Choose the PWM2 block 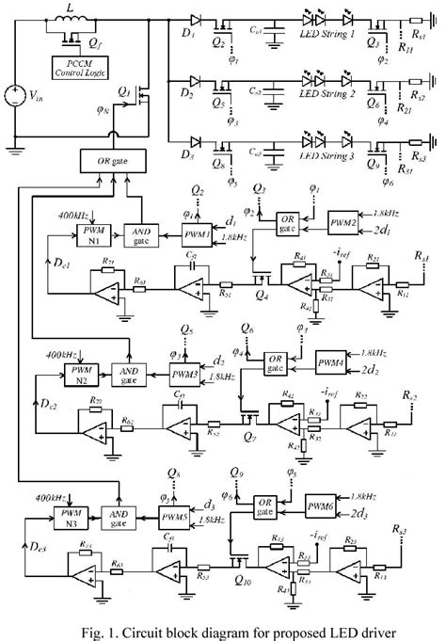[342, 225]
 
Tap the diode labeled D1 [195, 20]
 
